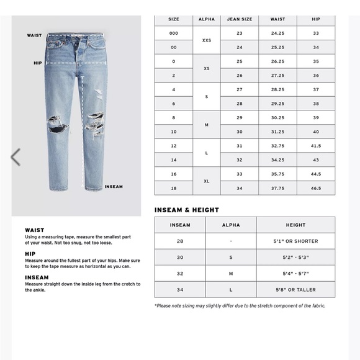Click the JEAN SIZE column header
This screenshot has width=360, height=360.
239,19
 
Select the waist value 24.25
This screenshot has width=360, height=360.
277,33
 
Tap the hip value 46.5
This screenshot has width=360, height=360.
316,187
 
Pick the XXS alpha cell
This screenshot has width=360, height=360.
207,40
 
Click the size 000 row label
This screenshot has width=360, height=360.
174,33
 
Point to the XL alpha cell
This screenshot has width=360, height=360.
207,180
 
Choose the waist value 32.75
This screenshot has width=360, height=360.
277,145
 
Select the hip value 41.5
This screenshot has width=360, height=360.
316,145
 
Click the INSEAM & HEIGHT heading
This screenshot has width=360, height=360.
186,210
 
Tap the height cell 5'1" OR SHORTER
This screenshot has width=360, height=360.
295,241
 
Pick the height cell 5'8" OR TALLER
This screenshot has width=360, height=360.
295,289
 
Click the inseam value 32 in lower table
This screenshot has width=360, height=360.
180,273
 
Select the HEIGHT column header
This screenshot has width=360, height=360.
295,225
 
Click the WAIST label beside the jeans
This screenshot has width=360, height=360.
34,35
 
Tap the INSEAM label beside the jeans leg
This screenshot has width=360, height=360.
114,186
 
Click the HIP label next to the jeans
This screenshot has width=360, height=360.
37,63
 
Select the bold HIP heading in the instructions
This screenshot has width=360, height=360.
30,253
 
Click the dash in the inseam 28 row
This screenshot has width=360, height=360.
231,241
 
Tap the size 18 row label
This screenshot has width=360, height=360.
174,187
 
